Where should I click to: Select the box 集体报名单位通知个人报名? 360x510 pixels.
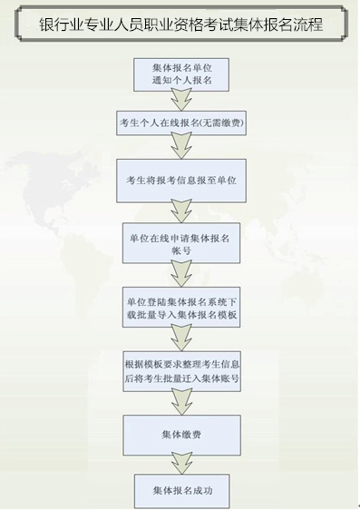click(x=180, y=74)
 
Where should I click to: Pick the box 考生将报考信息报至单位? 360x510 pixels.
click(x=181, y=181)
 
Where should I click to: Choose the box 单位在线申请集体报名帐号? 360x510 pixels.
click(x=180, y=242)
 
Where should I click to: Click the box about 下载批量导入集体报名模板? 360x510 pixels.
click(x=181, y=308)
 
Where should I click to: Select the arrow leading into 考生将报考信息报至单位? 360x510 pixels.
click(x=181, y=148)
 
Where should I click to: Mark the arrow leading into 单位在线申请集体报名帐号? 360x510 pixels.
click(x=181, y=211)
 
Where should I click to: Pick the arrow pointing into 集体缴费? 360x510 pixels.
click(x=181, y=402)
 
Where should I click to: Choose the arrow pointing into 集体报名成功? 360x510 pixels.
click(x=180, y=464)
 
